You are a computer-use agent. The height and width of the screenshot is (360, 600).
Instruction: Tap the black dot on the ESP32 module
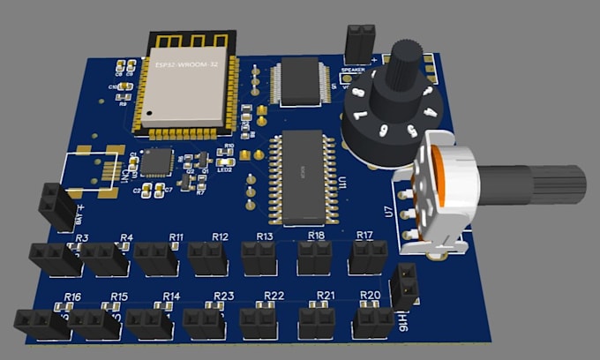pos(151,112)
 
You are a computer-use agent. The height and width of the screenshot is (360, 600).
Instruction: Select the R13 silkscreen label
pos(265,236)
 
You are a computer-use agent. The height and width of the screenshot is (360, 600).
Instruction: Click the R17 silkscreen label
pos(364,235)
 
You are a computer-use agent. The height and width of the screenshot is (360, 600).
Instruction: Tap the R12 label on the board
pos(220,236)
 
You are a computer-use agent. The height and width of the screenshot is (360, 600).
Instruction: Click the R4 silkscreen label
pos(126,237)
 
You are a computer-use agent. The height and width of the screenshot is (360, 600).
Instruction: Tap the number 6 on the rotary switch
pos(382,129)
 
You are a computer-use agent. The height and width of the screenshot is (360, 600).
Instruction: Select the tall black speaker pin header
pos(357,43)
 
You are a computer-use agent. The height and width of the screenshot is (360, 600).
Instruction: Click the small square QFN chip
pos(158,161)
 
